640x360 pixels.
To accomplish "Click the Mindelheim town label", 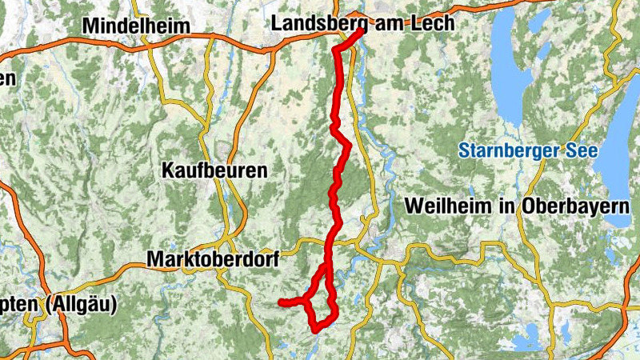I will [137, 26].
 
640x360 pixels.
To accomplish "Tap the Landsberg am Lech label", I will [362, 23].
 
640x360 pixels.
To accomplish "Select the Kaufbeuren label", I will [214, 170].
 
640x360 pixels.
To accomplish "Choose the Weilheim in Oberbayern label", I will [518, 205].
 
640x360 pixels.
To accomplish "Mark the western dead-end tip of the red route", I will [281, 302].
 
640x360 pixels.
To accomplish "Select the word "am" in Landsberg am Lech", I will [391, 23].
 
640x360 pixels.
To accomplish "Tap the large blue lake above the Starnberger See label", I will [513, 72].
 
